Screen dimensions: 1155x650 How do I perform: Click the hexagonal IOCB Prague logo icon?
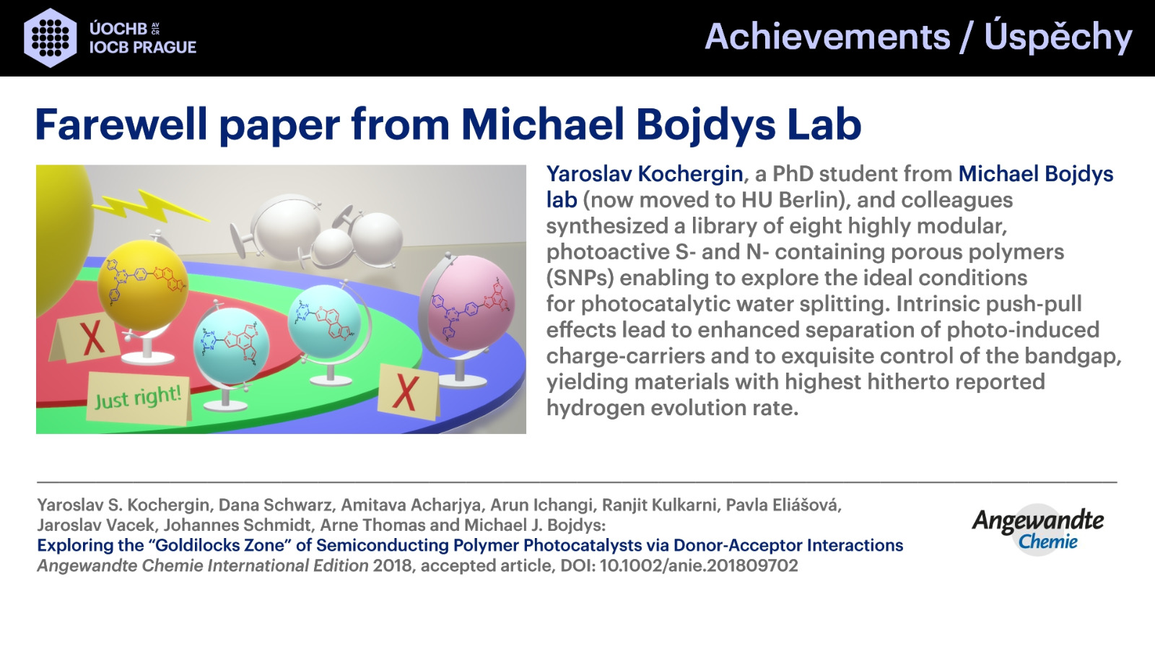pyautogui.click(x=51, y=38)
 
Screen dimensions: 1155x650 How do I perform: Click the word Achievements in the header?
pyautogui.click(x=827, y=37)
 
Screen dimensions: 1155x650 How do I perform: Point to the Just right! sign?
pyautogui.click(x=138, y=398)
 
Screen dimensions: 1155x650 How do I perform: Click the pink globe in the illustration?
pyautogui.click(x=468, y=303)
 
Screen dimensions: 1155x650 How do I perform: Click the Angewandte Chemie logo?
pyautogui.click(x=1037, y=529)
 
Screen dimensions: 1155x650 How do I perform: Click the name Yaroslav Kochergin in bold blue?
pyautogui.click(x=645, y=174)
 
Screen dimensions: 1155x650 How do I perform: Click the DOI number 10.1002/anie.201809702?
pyautogui.click(x=699, y=565)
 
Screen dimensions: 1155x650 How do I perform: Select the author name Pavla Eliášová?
pyautogui.click(x=783, y=505)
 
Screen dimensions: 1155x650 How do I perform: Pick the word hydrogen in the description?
pyautogui.click(x=596, y=409)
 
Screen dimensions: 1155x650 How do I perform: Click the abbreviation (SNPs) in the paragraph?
pyautogui.click(x=580, y=278)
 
